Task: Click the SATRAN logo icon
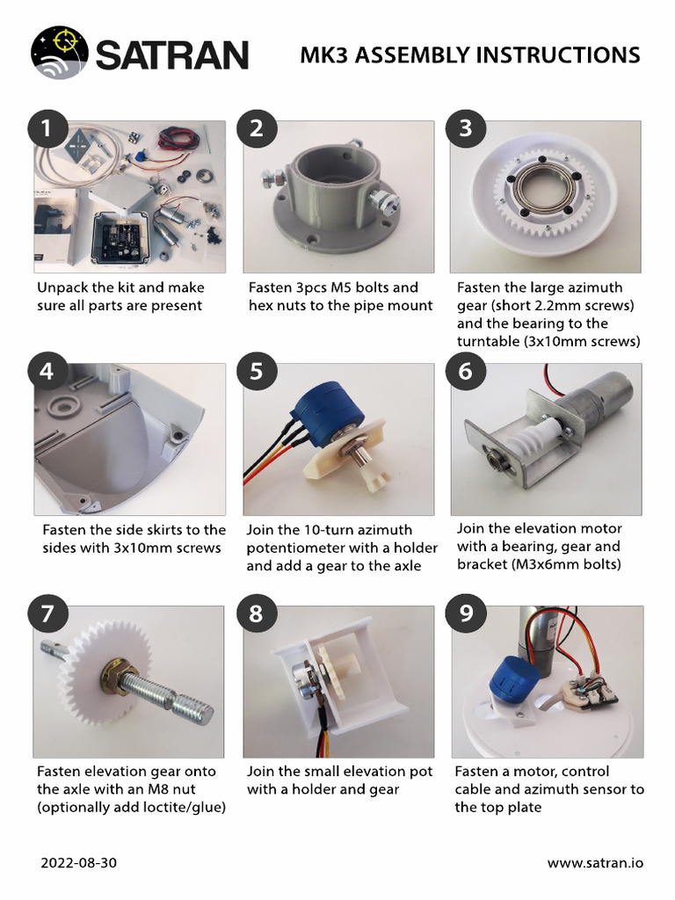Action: (60, 54)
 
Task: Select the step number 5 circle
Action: (256, 371)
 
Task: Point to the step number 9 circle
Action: (466, 613)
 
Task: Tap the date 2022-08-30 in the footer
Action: (78, 863)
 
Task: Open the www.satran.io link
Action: (595, 863)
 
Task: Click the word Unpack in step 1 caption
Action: (62, 287)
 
